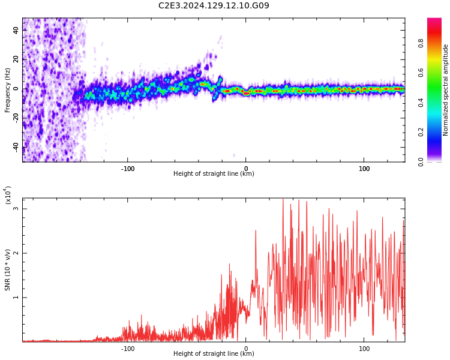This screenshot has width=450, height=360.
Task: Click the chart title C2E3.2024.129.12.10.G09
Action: tap(214, 6)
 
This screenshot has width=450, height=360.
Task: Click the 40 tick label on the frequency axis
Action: tap(16, 30)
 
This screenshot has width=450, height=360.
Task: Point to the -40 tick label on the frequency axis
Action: tap(16, 147)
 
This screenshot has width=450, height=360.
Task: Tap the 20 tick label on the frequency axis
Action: tap(16, 59)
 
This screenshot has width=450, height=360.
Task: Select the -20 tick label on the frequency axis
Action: tap(16, 118)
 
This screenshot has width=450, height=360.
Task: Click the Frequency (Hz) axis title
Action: tap(8, 90)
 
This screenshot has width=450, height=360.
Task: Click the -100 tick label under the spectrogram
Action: tap(128, 169)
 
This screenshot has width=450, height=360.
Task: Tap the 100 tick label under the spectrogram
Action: tap(364, 169)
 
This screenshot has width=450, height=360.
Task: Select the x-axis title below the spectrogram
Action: tap(214, 174)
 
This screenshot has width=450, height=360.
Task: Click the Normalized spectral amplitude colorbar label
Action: tap(446, 90)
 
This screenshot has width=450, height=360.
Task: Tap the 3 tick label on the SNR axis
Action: tap(16, 209)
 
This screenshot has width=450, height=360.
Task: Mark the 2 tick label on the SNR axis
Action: tap(16, 253)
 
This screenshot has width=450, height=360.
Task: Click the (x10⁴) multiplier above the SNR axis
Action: tap(8, 195)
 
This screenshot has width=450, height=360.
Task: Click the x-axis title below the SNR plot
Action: tap(214, 354)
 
